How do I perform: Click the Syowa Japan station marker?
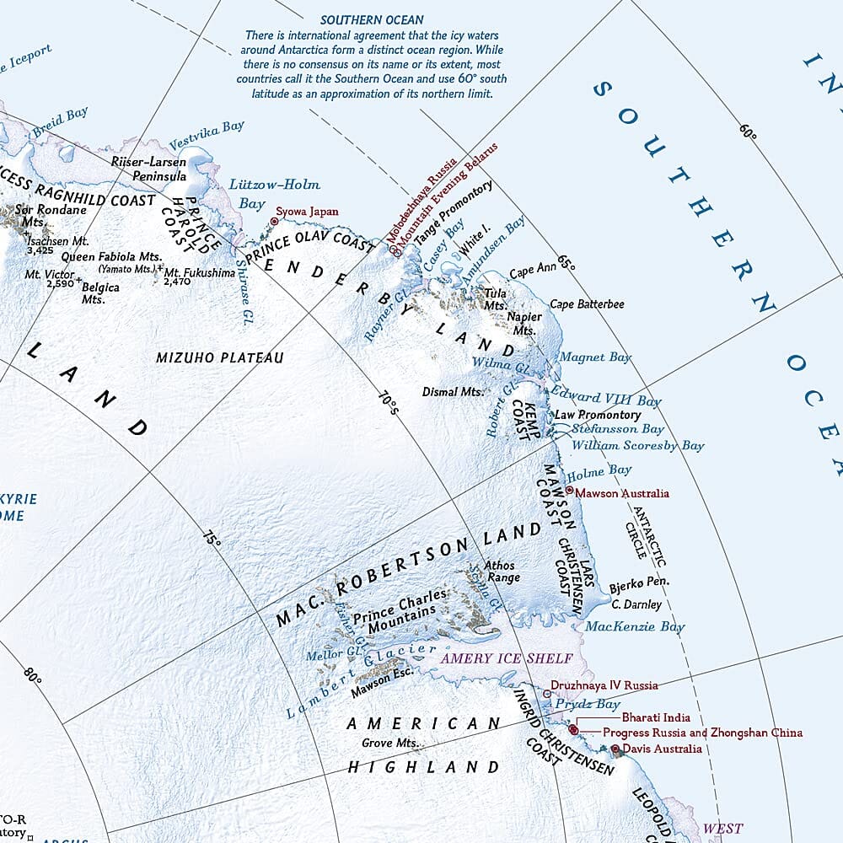pyautogui.click(x=273, y=222)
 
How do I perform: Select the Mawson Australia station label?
pyautogui.click(x=622, y=493)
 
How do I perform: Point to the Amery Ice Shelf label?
pyautogui.click(x=506, y=658)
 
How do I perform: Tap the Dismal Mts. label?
pyautogui.click(x=453, y=392)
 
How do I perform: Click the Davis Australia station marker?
pyautogui.click(x=615, y=749)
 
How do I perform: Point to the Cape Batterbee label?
pyautogui.click(x=587, y=303)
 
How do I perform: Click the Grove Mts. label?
pyautogui.click(x=390, y=743)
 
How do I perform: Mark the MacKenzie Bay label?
pyautogui.click(x=623, y=626)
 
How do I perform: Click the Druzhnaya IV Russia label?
pyautogui.click(x=604, y=685)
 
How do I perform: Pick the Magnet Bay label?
pyautogui.click(x=595, y=357)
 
